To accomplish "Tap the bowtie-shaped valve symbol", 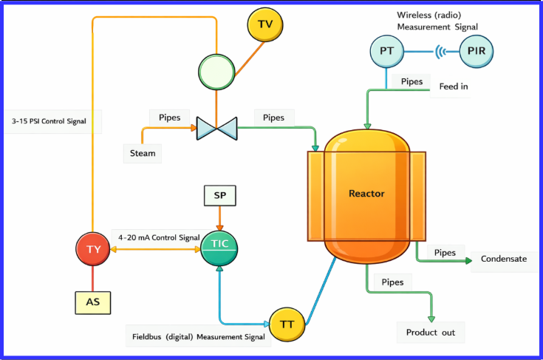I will coord(216,128).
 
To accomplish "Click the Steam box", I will coord(142,153).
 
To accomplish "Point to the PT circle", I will coord(386,51).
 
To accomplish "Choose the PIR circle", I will coord(476,51).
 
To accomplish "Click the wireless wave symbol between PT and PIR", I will coord(443,52).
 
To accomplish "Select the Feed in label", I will coord(454,86).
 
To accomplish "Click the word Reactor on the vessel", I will coord(366,194).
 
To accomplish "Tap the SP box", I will coord(219,195).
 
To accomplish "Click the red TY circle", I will coord(93,249).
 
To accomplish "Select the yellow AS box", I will coord(93,302).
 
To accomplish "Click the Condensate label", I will coord(503,259).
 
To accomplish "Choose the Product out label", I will coord(430,332).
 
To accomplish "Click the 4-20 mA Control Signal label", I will coord(159,237).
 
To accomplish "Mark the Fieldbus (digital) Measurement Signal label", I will coord(197,337).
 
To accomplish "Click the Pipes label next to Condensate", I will coord(444,253).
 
